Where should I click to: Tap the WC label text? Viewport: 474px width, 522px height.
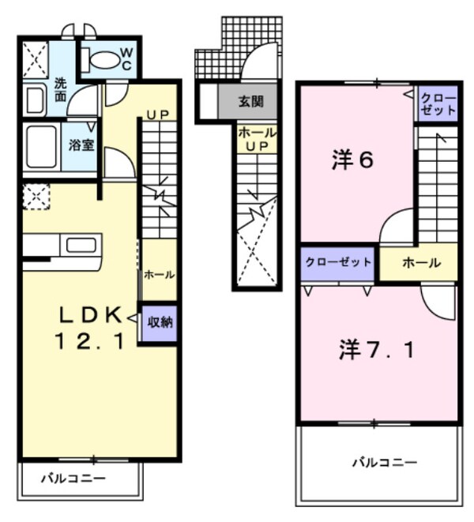click(126, 59)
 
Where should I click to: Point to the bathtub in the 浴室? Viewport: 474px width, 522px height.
click(39, 146)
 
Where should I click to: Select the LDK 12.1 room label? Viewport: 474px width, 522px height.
click(91, 329)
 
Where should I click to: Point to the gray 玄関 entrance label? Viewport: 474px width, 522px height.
click(252, 102)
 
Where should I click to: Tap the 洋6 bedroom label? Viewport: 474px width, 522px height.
click(352, 160)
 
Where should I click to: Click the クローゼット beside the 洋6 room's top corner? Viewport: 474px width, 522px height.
click(438, 103)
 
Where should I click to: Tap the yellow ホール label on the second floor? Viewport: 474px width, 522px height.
click(420, 263)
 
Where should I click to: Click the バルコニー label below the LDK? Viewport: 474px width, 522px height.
click(73, 479)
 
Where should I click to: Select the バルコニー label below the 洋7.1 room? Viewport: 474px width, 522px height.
click(384, 463)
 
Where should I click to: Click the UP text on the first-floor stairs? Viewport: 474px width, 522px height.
click(158, 115)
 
